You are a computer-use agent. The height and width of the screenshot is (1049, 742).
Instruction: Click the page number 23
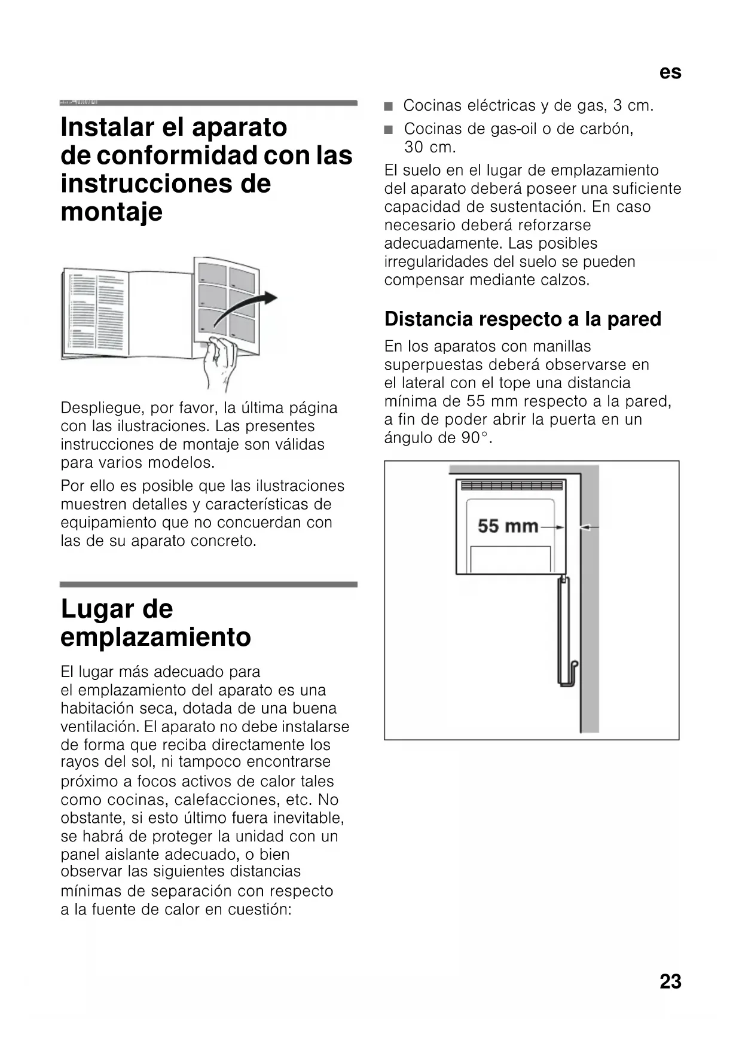[670, 981]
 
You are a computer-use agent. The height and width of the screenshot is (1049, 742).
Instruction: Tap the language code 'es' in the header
[670, 72]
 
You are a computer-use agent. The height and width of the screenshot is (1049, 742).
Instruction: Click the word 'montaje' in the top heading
[111, 212]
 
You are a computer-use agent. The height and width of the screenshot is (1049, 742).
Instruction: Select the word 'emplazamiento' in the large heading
[155, 636]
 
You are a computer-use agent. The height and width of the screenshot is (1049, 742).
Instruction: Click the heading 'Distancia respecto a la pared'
[523, 319]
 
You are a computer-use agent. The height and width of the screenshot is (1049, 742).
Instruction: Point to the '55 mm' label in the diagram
[508, 526]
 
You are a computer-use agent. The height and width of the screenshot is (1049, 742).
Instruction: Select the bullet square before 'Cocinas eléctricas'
[389, 107]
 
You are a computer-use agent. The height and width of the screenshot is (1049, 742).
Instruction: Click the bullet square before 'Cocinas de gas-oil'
[389, 130]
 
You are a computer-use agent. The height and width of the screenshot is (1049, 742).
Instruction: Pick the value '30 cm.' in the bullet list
[429, 147]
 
